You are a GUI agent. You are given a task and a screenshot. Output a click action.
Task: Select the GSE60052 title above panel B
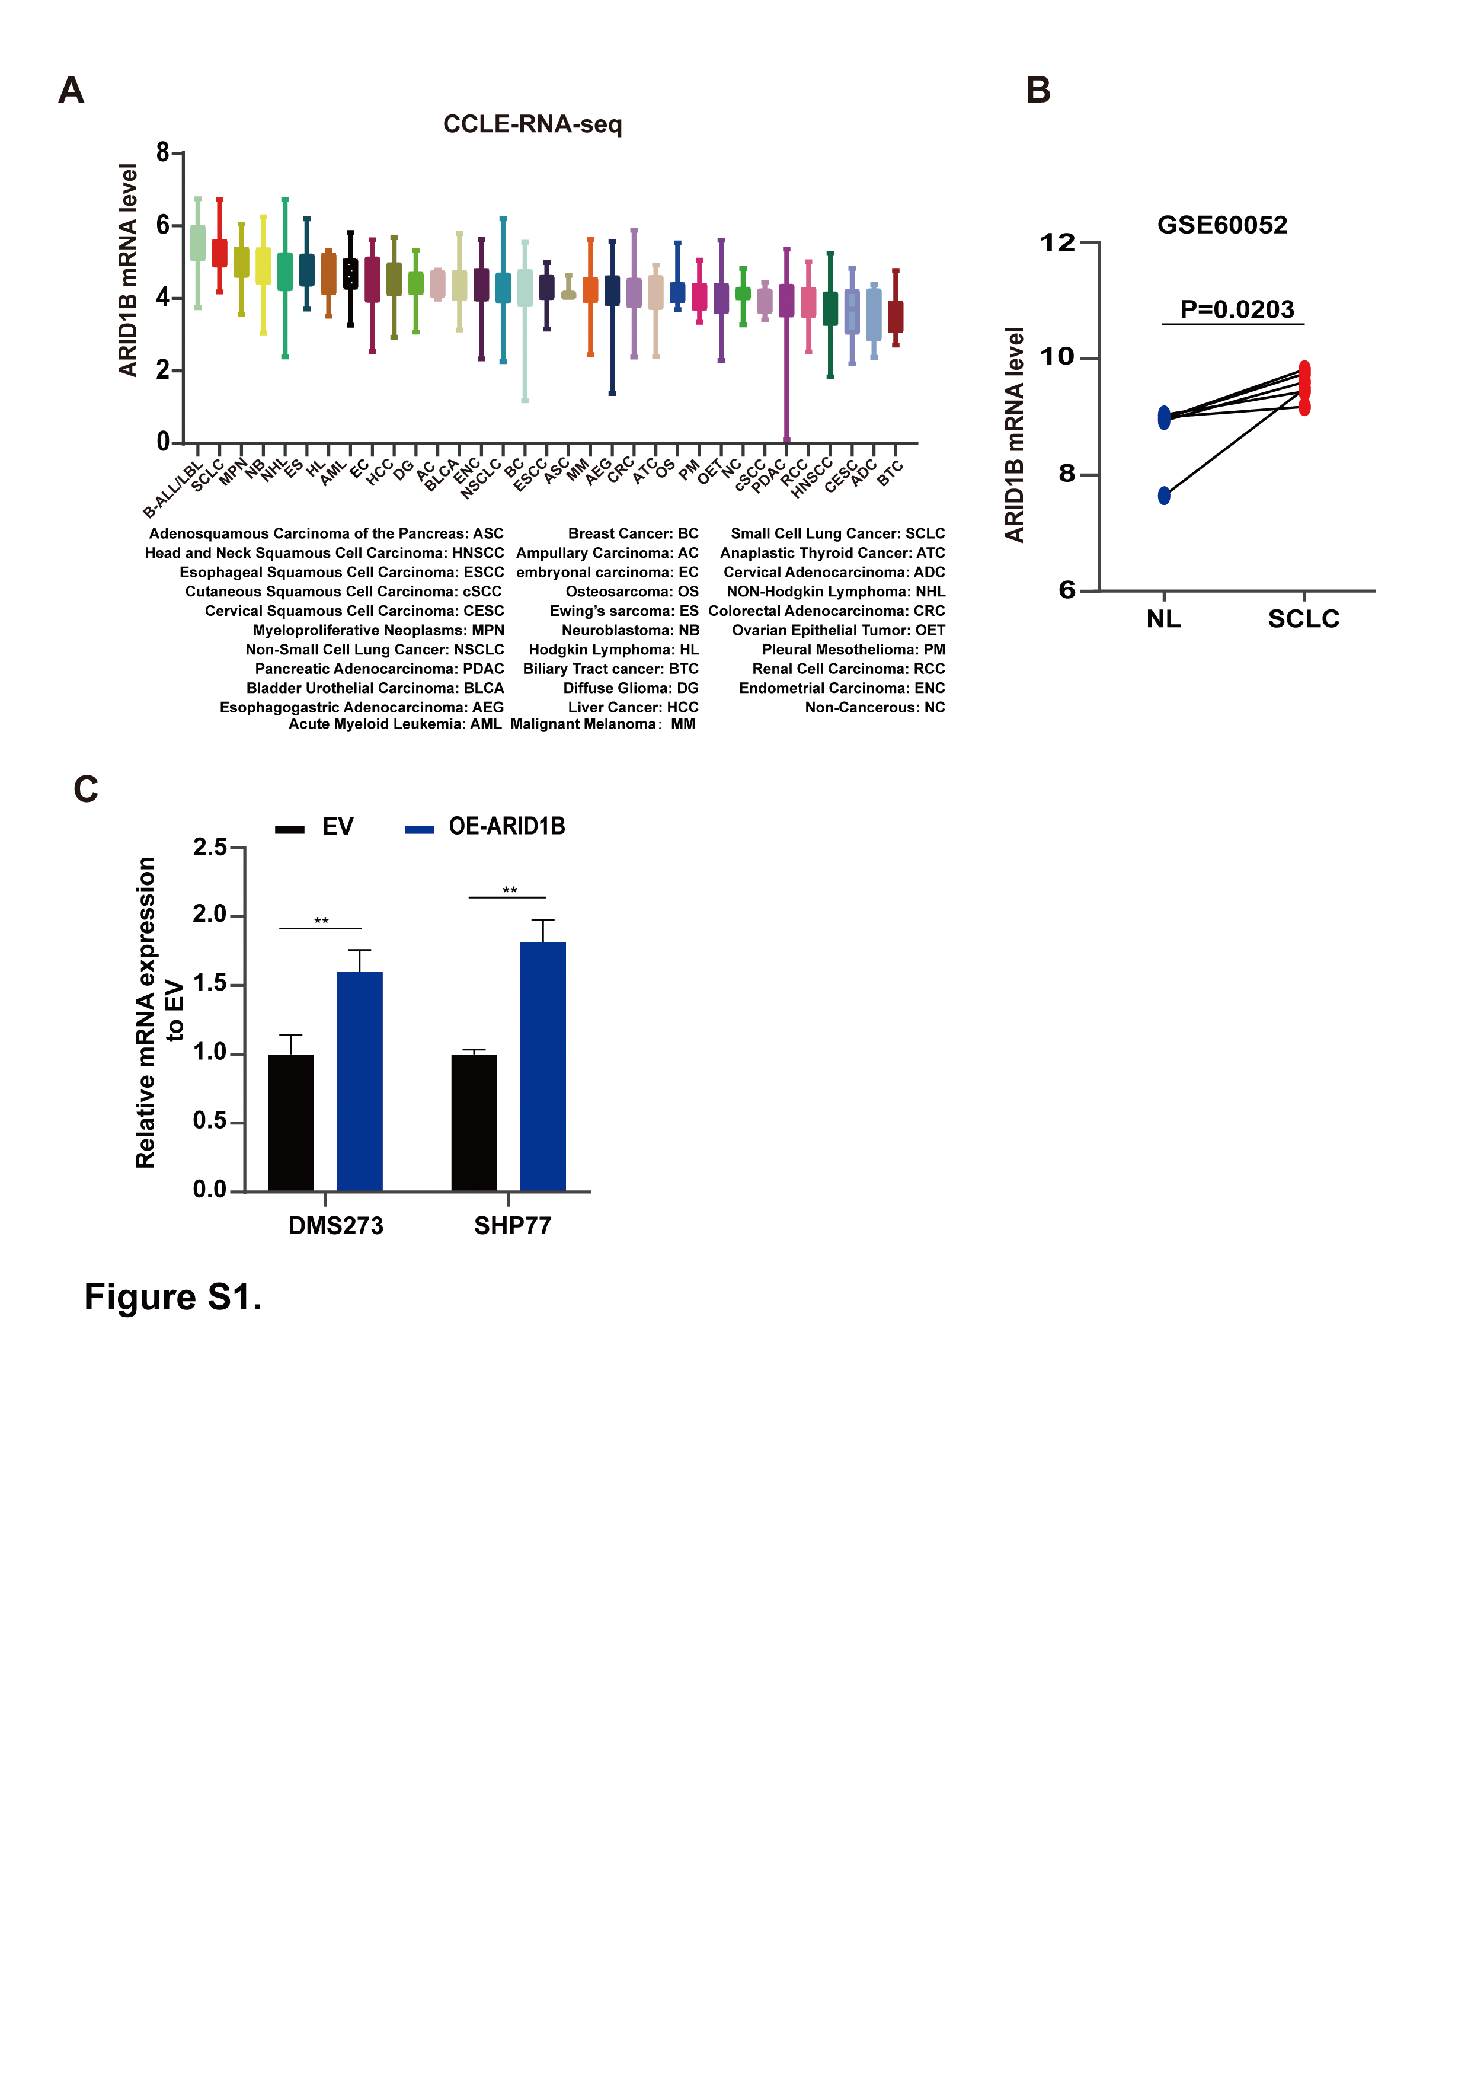point(1222,225)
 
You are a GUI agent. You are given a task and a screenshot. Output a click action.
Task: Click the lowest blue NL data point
point(1164,496)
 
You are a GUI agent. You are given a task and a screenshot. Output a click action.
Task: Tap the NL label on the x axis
point(1164,619)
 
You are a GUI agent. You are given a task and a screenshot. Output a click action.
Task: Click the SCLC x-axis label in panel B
point(1303,619)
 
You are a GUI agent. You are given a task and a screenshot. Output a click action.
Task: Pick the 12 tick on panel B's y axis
point(1058,243)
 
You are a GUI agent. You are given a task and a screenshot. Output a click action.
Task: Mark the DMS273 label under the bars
point(335,1226)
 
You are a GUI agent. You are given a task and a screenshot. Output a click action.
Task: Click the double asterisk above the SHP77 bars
point(510,890)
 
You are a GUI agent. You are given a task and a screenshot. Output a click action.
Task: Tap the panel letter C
point(86,789)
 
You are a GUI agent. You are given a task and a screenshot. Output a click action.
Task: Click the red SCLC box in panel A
point(219,254)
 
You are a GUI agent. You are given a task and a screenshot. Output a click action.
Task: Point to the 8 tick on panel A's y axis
point(163,153)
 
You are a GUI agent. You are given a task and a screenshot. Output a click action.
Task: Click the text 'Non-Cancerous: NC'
point(874,708)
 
